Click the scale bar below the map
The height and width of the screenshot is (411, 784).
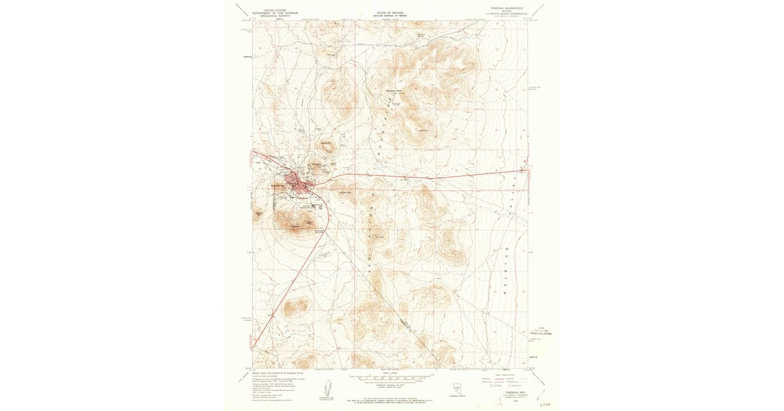point(391,377)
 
